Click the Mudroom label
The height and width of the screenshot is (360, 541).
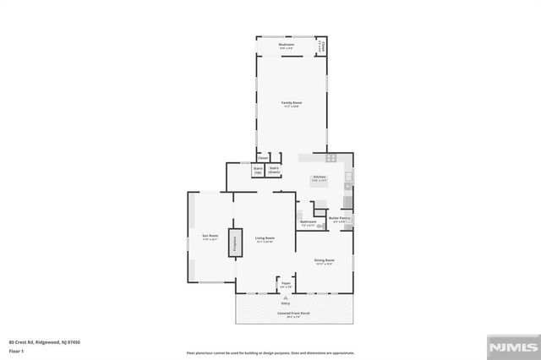tap(287, 46)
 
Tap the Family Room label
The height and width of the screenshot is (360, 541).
tap(292, 104)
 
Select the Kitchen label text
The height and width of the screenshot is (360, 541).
tap(320, 177)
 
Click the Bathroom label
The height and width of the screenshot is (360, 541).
tap(309, 223)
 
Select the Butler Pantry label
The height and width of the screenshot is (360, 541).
tap(340, 220)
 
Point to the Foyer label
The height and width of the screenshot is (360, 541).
tap(287, 284)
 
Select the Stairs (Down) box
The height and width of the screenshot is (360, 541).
tap(274, 170)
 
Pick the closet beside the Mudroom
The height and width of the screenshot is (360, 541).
tap(322, 46)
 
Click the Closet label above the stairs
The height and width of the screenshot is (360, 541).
tap(263, 158)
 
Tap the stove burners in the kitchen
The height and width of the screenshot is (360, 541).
tap(331, 157)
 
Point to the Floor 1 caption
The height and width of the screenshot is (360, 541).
tap(15, 350)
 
